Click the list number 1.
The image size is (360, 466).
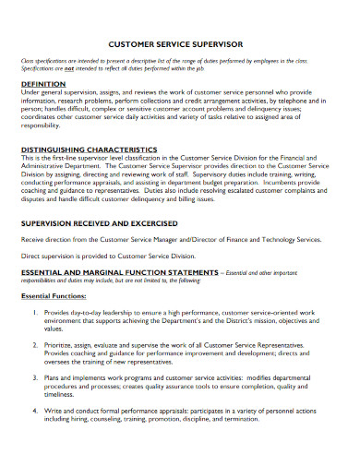pyautogui.click(x=33, y=313)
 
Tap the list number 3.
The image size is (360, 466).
pyautogui.click(x=33, y=376)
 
